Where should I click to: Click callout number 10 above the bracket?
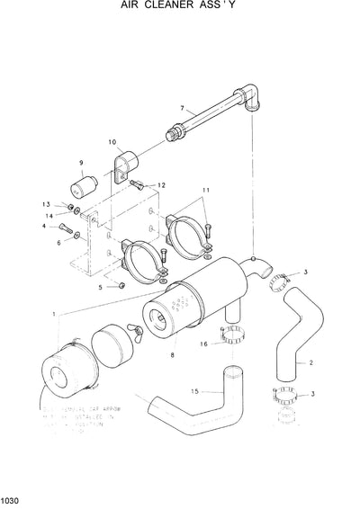pos(112,142)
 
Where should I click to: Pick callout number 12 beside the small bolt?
pos(162,185)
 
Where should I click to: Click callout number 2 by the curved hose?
pos(310,363)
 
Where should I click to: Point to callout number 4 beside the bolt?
pos(42,227)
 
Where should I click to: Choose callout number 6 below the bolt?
pos(59,242)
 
